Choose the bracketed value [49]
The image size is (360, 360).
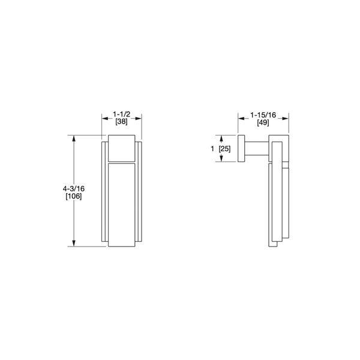tap(263, 122)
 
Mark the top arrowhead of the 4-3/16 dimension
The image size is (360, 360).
tap(74, 139)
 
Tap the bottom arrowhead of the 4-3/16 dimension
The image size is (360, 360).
tap(74, 244)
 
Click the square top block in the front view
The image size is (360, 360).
tap(122, 149)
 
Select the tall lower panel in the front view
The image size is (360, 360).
tap(122, 204)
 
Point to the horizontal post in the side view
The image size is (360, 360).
tap(257, 148)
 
